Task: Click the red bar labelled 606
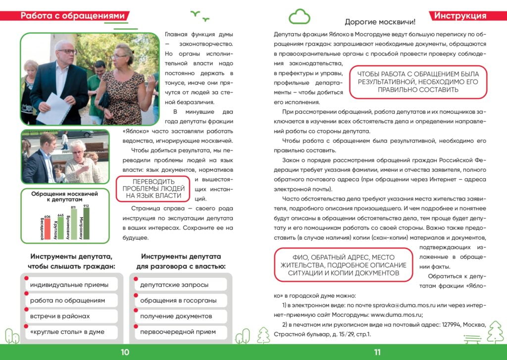(x=48, y=229)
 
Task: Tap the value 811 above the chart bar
(x=73, y=208)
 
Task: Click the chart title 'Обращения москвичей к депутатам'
(x=65, y=196)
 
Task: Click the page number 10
(x=124, y=352)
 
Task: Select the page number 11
(x=377, y=352)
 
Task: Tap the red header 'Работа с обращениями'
(x=72, y=16)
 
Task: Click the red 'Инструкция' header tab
(x=460, y=16)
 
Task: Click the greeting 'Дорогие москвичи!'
(x=380, y=22)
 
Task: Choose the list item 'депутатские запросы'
(x=174, y=285)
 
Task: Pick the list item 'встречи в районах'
(x=60, y=316)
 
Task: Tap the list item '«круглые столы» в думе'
(x=67, y=332)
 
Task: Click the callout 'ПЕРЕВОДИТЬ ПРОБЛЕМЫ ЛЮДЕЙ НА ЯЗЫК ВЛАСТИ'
(x=153, y=189)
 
